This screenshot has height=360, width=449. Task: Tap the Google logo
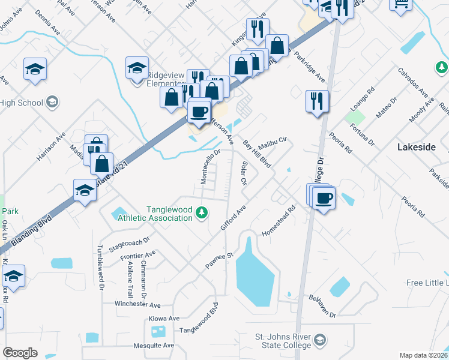point(20,352)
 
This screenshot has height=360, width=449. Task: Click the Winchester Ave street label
point(139,305)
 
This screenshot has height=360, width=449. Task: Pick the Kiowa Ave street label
point(166,318)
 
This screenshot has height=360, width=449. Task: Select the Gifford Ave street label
point(234,218)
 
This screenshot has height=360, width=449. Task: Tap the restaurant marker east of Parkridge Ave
point(317,101)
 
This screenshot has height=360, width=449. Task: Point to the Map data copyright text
point(423,355)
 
